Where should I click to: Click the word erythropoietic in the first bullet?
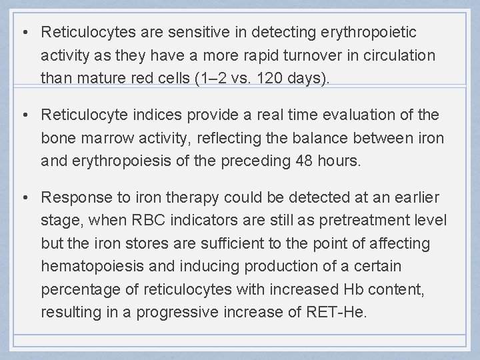[x=379, y=32]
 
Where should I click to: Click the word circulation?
[x=399, y=55]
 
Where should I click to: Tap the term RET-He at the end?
[x=338, y=311]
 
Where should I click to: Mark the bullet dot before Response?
[x=25, y=197]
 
